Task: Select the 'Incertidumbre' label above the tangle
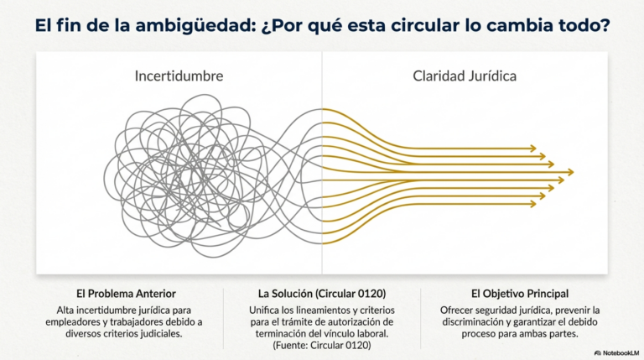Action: click(179, 76)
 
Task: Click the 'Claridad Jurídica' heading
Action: click(465, 76)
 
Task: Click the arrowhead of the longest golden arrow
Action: click(570, 172)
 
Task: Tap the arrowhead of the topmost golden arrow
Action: click(533, 149)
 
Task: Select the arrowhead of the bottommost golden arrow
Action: click(533, 204)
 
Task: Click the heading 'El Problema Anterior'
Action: click(126, 294)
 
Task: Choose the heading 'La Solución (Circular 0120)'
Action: click(322, 294)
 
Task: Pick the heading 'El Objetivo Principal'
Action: click(520, 294)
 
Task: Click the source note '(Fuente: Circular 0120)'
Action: click(322, 345)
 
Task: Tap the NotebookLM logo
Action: click(617, 353)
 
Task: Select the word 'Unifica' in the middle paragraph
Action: click(263, 310)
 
